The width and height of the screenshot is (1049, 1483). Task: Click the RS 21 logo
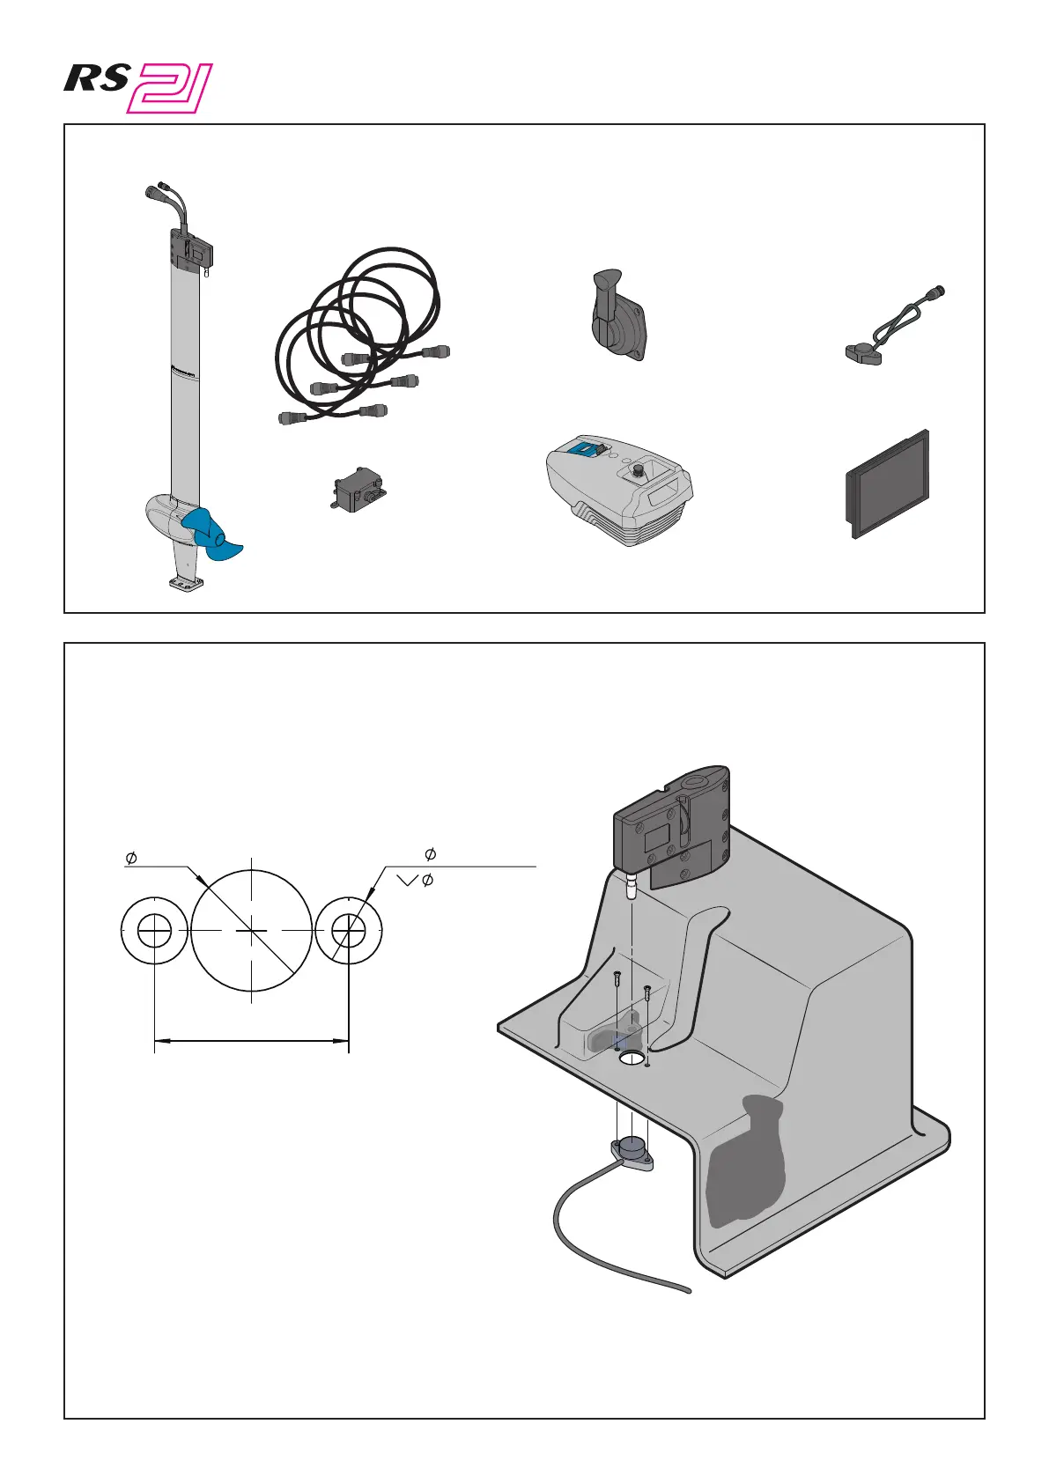(x=138, y=87)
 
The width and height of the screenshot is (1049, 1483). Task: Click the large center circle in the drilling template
(x=252, y=930)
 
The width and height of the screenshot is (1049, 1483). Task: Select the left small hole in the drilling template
(x=155, y=930)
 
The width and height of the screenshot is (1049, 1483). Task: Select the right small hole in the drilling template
(x=349, y=930)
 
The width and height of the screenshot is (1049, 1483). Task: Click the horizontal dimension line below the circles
(x=252, y=1041)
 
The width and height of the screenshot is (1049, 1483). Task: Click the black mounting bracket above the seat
(x=675, y=823)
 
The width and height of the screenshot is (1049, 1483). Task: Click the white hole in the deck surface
(x=632, y=1057)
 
